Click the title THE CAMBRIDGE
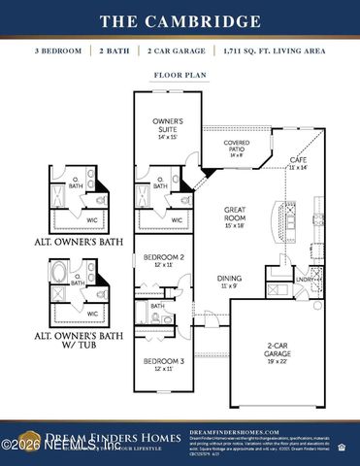coord(180,20)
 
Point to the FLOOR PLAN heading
coord(180,74)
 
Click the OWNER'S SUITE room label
coord(167,125)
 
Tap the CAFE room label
coord(298,161)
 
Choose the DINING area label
coord(231,282)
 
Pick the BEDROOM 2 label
coord(156,260)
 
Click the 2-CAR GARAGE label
coord(279,349)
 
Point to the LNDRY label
coord(304,279)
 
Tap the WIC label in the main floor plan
coord(177,220)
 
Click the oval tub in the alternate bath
coord(62,275)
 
